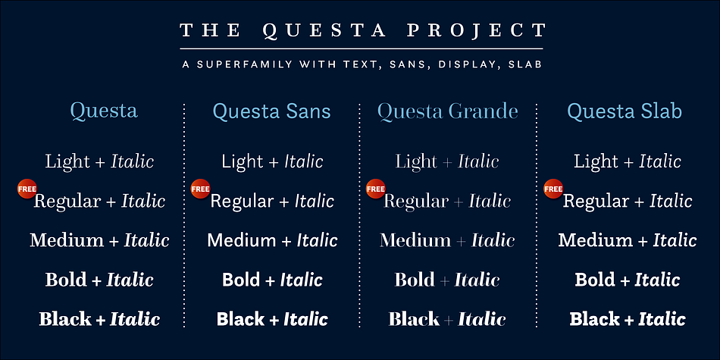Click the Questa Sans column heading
click(271, 112)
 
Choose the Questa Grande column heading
click(447, 112)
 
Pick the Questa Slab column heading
click(625, 112)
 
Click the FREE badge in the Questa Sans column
click(200, 188)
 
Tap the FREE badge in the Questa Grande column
click(376, 188)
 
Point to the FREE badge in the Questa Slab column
click(553, 188)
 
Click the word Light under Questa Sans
click(243, 161)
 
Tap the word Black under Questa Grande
click(414, 319)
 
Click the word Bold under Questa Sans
click(241, 280)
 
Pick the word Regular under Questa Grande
click(415, 202)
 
